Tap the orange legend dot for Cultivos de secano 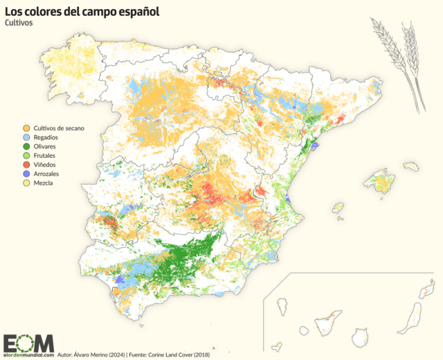(26, 129)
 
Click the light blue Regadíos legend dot (26, 138)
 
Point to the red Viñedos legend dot (26, 165)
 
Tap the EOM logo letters (28, 342)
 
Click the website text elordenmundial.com (28, 355)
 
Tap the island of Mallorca (379, 182)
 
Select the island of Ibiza (338, 208)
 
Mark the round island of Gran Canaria (359, 337)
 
